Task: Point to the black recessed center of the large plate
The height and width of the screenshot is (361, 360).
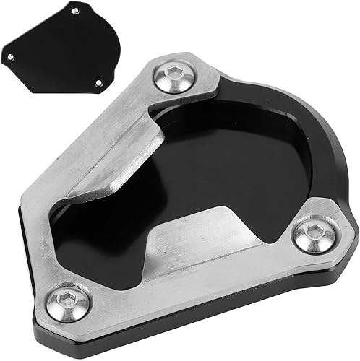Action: pos(217,166)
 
